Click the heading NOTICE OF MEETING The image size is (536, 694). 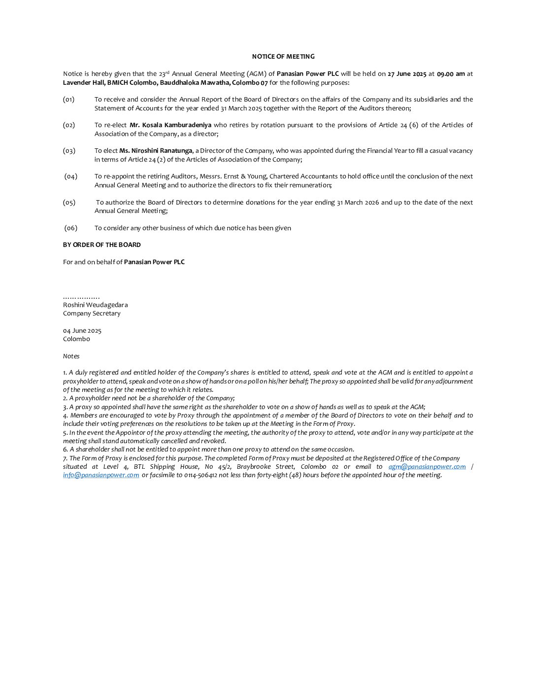click(x=283, y=57)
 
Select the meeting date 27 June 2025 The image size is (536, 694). click(x=407, y=74)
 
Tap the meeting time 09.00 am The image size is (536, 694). click(x=451, y=74)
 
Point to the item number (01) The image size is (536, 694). click(x=69, y=100)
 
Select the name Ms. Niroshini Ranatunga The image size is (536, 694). click(x=156, y=151)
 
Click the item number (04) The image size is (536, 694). click(x=71, y=176)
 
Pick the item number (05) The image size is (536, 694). click(x=69, y=203)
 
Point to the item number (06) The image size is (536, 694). click(x=71, y=228)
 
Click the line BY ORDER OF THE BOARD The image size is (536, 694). click(x=102, y=245)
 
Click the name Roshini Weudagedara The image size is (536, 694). click(x=96, y=305)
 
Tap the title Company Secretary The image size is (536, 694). click(x=92, y=313)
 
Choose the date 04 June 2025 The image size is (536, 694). click(x=82, y=331)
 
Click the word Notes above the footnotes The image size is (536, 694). click(x=71, y=356)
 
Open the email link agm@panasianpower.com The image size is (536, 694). click(x=427, y=467)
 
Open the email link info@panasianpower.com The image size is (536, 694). click(x=101, y=475)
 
